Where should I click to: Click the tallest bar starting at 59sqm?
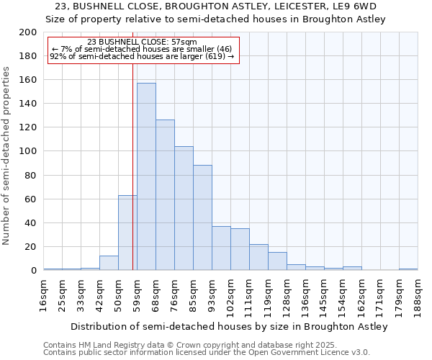[146, 176]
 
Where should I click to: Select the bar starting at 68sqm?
[165, 194]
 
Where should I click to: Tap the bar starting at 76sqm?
[184, 208]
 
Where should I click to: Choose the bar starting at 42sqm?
[109, 263]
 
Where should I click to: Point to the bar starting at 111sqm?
[258, 257]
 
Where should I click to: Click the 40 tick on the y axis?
[31, 222]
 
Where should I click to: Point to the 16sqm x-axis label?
[44, 294]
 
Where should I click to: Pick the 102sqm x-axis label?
[231, 297]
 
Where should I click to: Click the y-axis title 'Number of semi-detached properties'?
[7, 156]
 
